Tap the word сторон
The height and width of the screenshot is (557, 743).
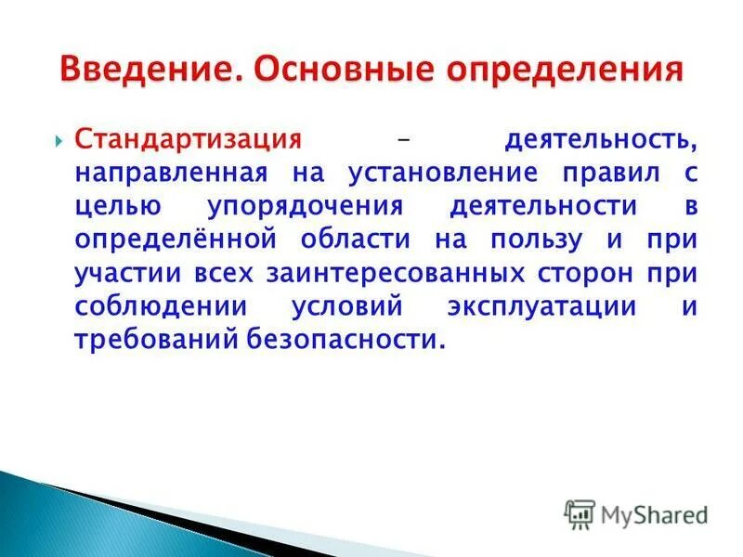pyautogui.click(x=585, y=274)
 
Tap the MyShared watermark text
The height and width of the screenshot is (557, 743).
pyautogui.click(x=654, y=512)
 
